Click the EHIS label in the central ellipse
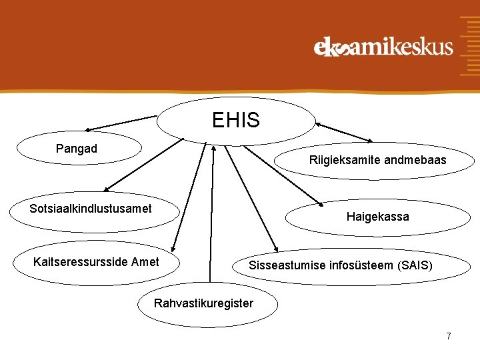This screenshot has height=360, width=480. (235, 121)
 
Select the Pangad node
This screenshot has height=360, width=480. (77, 148)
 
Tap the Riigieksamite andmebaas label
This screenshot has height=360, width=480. (377, 160)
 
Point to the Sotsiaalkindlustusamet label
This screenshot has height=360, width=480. (91, 209)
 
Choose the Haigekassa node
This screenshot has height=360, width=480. (377, 217)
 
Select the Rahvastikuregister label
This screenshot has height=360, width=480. (203, 303)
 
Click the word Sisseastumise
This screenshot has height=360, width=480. (287, 265)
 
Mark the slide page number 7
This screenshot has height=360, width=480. (449, 336)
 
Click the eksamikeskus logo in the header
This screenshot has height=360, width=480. (383, 47)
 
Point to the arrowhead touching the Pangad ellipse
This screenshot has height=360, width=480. (87, 129)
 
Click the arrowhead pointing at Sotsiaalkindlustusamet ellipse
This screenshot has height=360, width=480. (106, 190)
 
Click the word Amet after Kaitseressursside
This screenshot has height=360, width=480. (145, 262)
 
